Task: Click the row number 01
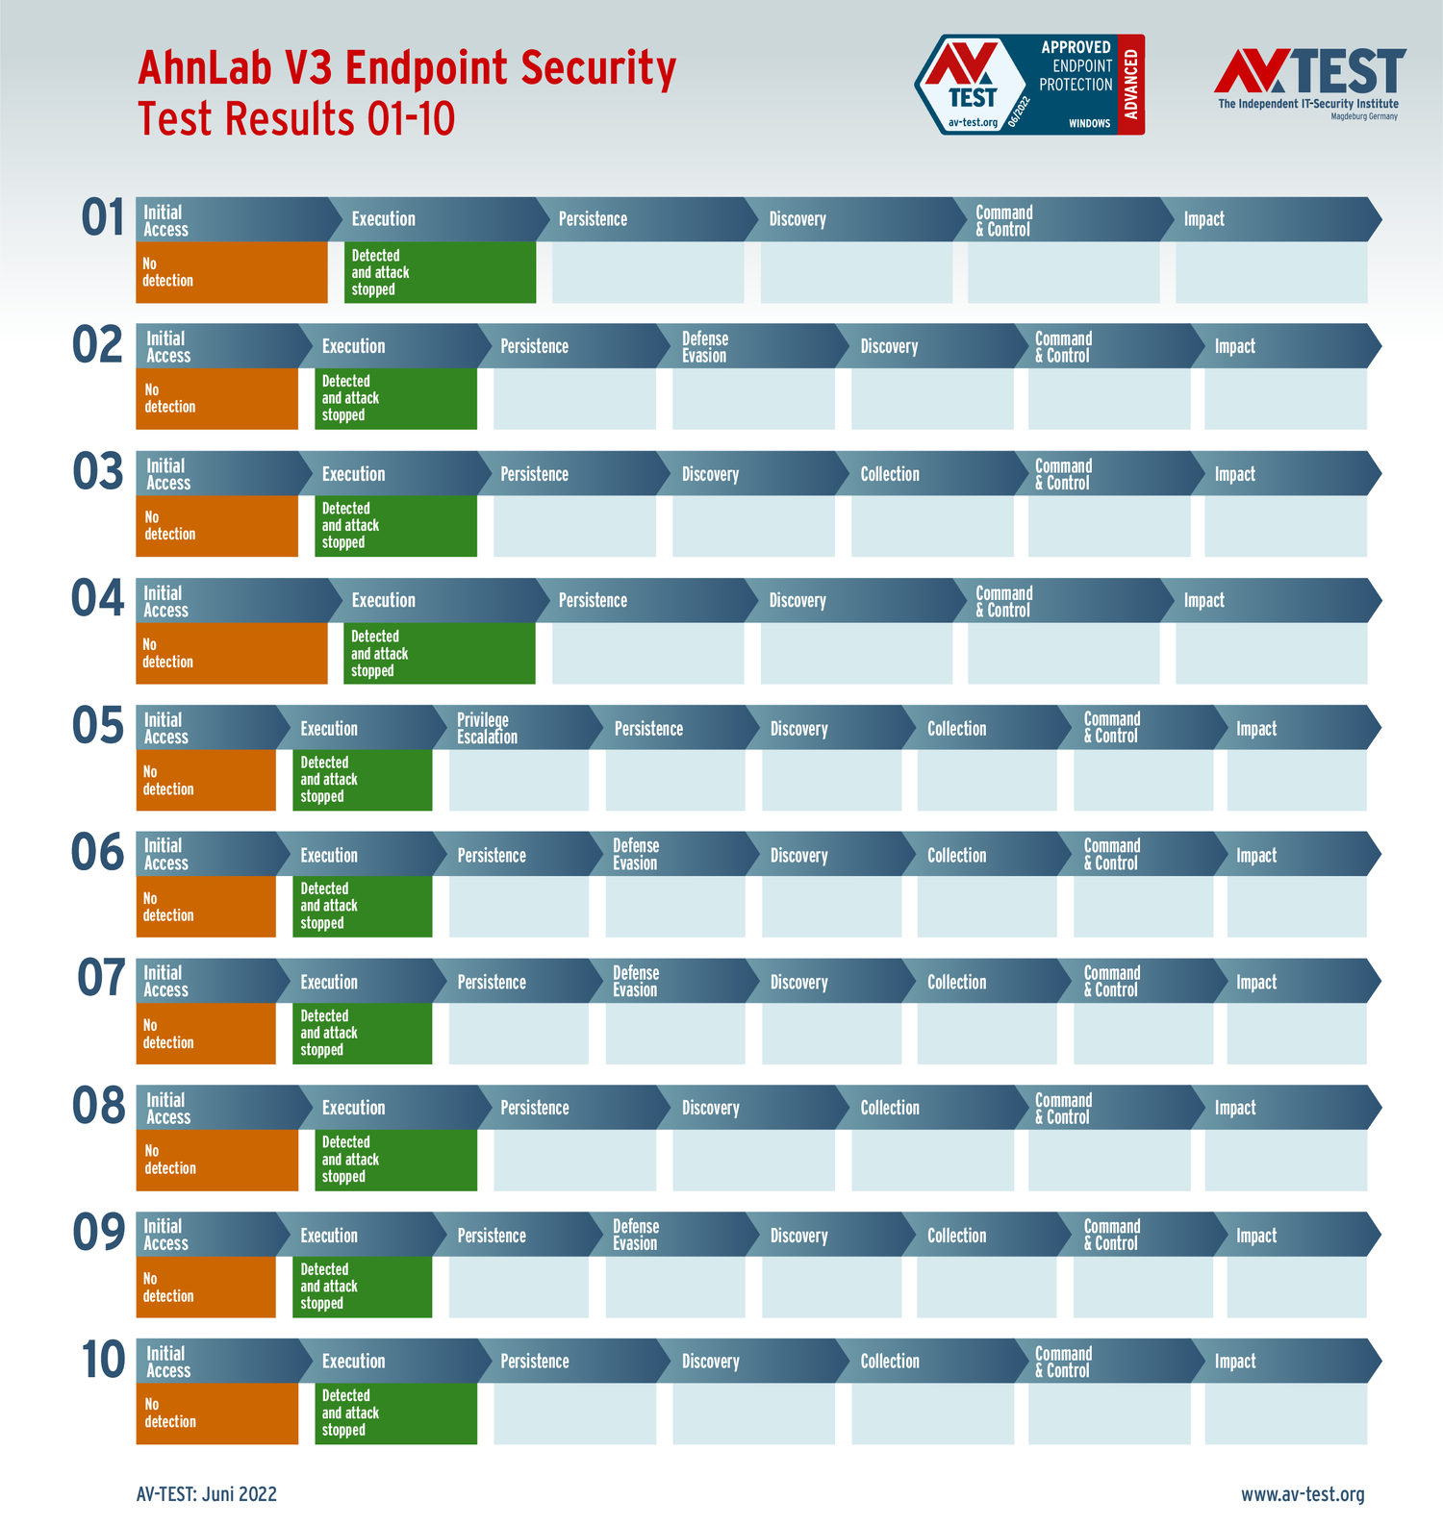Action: coord(103,217)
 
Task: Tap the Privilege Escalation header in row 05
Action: coord(487,729)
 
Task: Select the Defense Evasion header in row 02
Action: coord(705,347)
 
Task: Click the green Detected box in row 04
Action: coord(439,654)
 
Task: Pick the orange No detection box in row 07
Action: coord(206,1034)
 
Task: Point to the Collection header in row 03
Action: coord(890,474)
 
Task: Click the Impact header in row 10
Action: coord(1235,1362)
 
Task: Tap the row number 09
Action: coord(99,1233)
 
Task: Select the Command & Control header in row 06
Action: coord(1111,855)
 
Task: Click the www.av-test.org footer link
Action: coord(1303,1494)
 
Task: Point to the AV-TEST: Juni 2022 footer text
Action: coord(207,1494)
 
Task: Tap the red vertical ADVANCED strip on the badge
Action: coord(1131,85)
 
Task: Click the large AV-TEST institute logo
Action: coord(1308,83)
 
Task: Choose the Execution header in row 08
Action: coord(353,1108)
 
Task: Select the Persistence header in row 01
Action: coord(593,219)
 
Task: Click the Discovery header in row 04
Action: coord(797,601)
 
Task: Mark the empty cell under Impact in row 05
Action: coord(1297,780)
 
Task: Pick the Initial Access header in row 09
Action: coord(165,1235)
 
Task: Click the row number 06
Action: coord(98,853)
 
